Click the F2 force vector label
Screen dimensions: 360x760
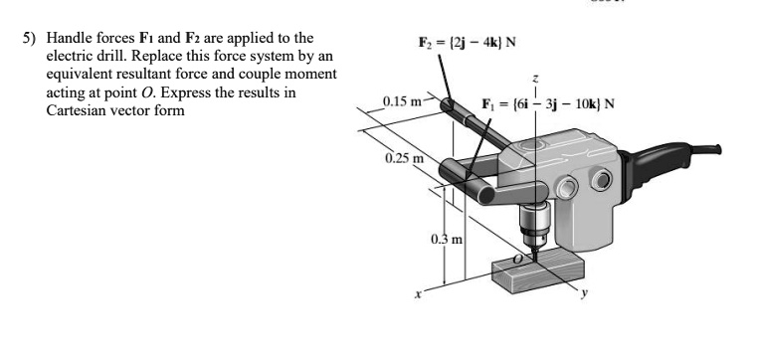(x=465, y=43)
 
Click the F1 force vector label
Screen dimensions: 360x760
(x=547, y=103)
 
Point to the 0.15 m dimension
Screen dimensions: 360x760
(x=405, y=101)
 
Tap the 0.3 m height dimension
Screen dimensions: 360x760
(x=447, y=239)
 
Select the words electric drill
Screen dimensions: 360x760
(x=85, y=56)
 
